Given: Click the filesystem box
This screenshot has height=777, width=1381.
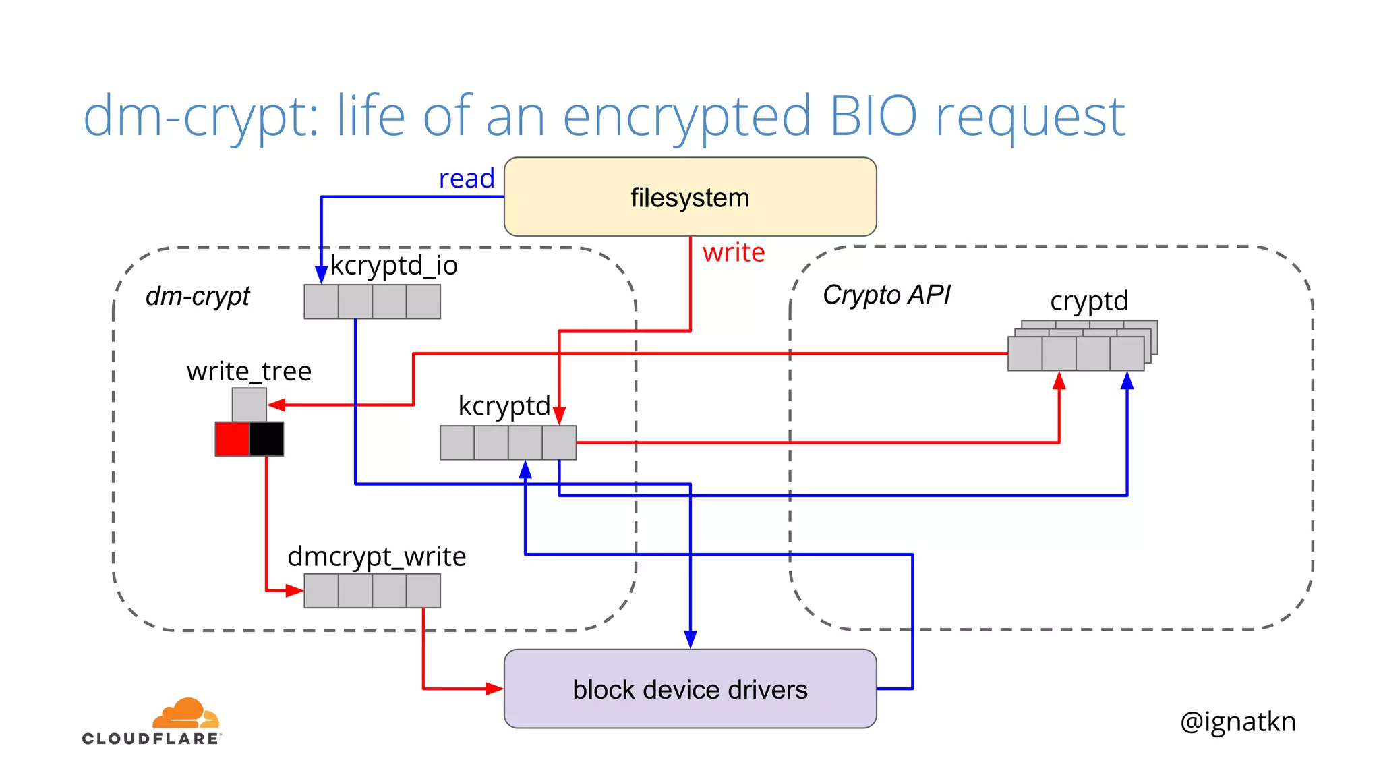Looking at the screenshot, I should tap(690, 197).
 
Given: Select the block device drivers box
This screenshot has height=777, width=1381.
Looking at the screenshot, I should tap(690, 689).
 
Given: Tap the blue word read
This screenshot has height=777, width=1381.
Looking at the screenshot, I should tap(467, 179).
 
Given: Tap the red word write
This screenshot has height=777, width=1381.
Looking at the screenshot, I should tap(734, 253).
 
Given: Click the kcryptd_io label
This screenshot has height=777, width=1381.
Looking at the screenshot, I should tap(394, 266).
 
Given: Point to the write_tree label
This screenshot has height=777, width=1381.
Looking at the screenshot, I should tap(249, 372).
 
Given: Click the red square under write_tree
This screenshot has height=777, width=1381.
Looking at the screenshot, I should tap(232, 439).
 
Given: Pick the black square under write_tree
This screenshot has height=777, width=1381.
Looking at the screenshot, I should tap(266, 439).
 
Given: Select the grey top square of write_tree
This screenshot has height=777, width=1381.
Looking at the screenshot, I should tap(249, 405).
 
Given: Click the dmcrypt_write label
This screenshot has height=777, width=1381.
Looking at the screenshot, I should tap(377, 556).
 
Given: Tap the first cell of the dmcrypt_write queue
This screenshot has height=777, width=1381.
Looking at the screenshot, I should tap(321, 591).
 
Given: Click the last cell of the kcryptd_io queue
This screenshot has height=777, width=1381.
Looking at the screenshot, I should tap(423, 301).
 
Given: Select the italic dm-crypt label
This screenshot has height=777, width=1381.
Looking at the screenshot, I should tap(198, 296).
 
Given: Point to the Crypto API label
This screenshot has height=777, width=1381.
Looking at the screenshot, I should tap(886, 295).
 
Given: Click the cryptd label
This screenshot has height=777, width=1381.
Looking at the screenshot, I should tap(1089, 301).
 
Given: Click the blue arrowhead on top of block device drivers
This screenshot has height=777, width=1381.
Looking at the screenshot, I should tap(690, 639).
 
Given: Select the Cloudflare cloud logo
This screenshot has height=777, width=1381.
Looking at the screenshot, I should tap(185, 713).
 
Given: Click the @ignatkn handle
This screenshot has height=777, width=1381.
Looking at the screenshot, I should tap(1238, 722).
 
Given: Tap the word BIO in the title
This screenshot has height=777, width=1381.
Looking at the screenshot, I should tap(873, 116).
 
